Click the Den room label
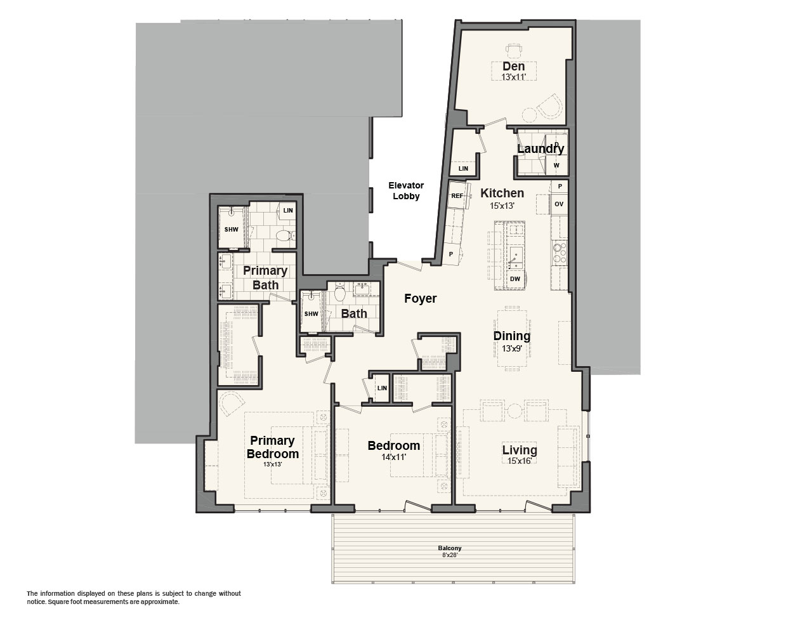(x=514, y=67)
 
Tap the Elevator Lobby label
(x=406, y=190)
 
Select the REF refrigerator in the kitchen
(x=457, y=195)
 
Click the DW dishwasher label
(x=514, y=279)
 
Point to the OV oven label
(x=559, y=204)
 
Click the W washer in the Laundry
(x=556, y=165)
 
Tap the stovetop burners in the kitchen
(x=560, y=252)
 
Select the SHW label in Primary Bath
(x=232, y=229)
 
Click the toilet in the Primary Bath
(x=285, y=235)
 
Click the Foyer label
(x=420, y=298)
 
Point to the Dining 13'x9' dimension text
(x=512, y=348)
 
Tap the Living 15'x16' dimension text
(x=520, y=461)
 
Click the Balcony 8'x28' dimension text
(x=450, y=554)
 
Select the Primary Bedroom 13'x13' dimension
(x=272, y=464)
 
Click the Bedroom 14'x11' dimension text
(x=393, y=457)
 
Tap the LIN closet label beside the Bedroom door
(x=382, y=388)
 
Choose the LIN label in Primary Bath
(x=288, y=211)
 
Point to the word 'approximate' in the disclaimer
(x=161, y=602)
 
